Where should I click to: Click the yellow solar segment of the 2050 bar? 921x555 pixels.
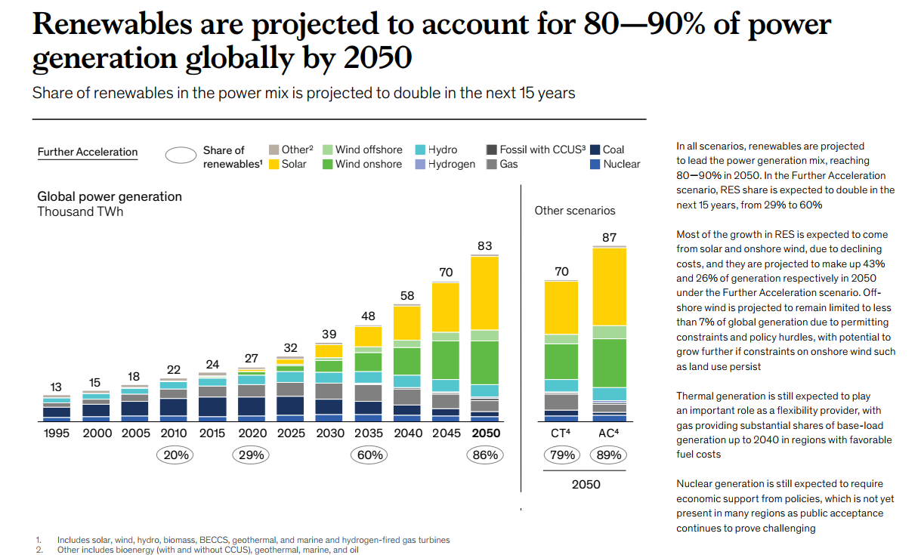[484, 293]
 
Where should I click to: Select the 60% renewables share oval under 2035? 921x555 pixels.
[370, 455]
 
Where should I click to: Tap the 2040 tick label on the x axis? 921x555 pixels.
[408, 433]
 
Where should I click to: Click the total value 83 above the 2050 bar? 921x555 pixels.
[484, 245]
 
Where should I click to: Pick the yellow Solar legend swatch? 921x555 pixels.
[275, 164]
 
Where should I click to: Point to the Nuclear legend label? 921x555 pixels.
[621, 164]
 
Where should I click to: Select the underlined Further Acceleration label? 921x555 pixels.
[88, 152]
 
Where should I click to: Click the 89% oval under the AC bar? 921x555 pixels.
[609, 455]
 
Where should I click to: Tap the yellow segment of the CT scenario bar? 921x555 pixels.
[561, 307]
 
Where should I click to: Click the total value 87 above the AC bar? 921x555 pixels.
[609, 237]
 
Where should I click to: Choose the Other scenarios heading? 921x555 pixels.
[574, 211]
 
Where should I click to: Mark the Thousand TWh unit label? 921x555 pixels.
[80, 211]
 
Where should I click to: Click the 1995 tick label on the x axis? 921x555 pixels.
[56, 433]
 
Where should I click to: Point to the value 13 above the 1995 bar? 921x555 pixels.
[56, 387]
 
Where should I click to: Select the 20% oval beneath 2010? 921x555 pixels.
[175, 455]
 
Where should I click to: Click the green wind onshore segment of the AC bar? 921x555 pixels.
[609, 362]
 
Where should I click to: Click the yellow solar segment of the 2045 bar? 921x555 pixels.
[446, 307]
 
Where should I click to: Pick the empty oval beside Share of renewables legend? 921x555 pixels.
[181, 156]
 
